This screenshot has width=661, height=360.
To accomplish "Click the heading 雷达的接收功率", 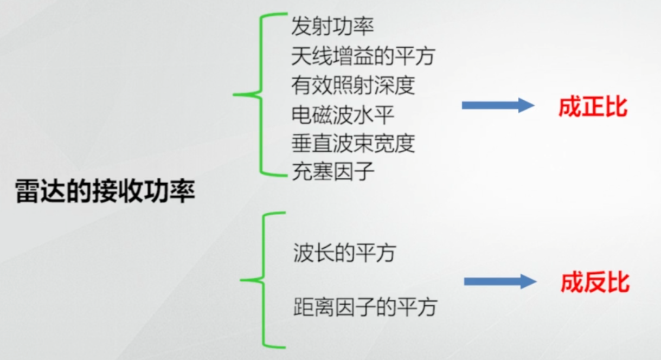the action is point(105,192).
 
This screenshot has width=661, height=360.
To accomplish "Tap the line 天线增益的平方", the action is point(363,55).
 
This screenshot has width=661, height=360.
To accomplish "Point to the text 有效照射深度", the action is point(352,85).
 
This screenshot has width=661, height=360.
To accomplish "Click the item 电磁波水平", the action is point(342,114).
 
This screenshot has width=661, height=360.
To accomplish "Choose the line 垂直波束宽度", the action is point(352,143).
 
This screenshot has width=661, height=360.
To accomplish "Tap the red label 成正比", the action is point(593,107).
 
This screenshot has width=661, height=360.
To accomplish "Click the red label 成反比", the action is point(594,283).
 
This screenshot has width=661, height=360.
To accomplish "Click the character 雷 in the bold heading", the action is point(26,192).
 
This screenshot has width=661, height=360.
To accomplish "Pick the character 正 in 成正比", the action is point(593,107).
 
